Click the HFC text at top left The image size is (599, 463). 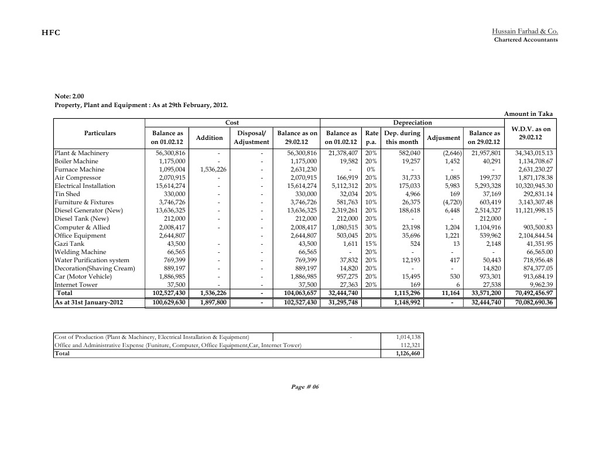click(x=50, y=33)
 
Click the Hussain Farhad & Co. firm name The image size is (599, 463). click(x=525, y=30)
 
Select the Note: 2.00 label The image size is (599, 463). click(x=69, y=96)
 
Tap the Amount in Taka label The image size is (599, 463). click(x=528, y=114)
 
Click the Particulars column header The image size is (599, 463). click(x=100, y=133)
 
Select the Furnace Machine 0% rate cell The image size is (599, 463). click(x=371, y=169)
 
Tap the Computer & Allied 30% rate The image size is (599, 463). click(x=371, y=227)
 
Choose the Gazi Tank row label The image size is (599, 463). click(x=69, y=243)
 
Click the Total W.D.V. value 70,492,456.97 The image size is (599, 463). click(x=530, y=293)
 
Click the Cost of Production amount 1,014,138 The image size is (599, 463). click(x=408, y=337)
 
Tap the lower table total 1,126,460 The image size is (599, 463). click(x=408, y=354)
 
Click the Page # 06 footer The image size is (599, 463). click(x=304, y=387)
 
